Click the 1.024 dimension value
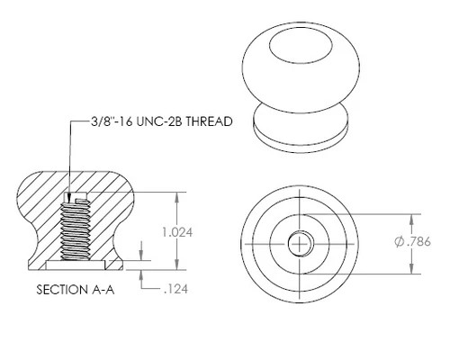pos(177,232)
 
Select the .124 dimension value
pos(176,289)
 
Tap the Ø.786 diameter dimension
pos(412,241)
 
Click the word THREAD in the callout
pos(210,121)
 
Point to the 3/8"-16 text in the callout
pos(112,121)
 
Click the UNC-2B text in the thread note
pos(159,121)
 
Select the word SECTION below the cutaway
pos(61,290)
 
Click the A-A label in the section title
pos(103,290)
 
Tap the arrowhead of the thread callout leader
pos(69,198)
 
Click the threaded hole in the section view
pos(76,228)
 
